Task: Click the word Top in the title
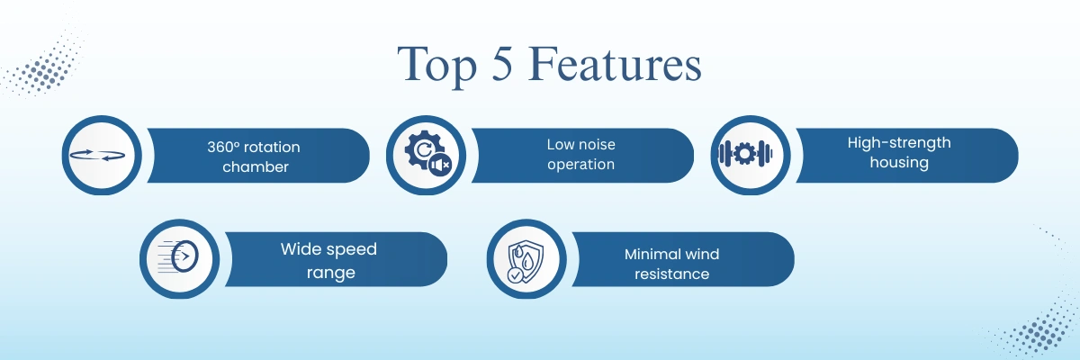point(437,65)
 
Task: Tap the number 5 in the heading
point(502,63)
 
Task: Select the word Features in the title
point(616,63)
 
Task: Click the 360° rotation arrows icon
point(97,155)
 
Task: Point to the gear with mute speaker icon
point(427,154)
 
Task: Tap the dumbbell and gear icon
point(745,154)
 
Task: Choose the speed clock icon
point(178,256)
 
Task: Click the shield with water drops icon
point(526,261)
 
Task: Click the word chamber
point(256,166)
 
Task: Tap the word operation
point(581,165)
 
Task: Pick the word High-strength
point(899,143)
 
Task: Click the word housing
point(899,162)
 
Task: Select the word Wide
point(301,249)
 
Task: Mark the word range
point(331,274)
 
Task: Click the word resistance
point(671,274)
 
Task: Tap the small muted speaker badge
point(440,166)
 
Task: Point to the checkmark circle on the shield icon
point(515,275)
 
